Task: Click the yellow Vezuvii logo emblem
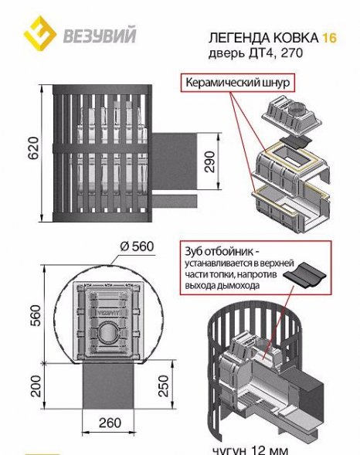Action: tap(39, 33)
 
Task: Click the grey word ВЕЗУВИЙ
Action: tap(100, 36)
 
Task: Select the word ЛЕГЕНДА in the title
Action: tap(239, 38)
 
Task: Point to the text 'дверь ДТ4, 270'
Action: tap(255, 53)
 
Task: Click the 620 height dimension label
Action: tap(33, 148)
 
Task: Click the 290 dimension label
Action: tap(209, 161)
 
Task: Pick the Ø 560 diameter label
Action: tap(137, 246)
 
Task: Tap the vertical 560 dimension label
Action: tap(36, 315)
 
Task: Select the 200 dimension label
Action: tap(36, 386)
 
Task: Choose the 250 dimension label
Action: tap(163, 386)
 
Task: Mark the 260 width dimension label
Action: tap(110, 423)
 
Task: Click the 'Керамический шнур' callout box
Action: tap(238, 83)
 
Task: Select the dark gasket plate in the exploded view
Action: tap(295, 141)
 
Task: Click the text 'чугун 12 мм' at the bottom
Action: tap(250, 450)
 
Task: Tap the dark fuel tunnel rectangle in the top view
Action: tap(109, 386)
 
